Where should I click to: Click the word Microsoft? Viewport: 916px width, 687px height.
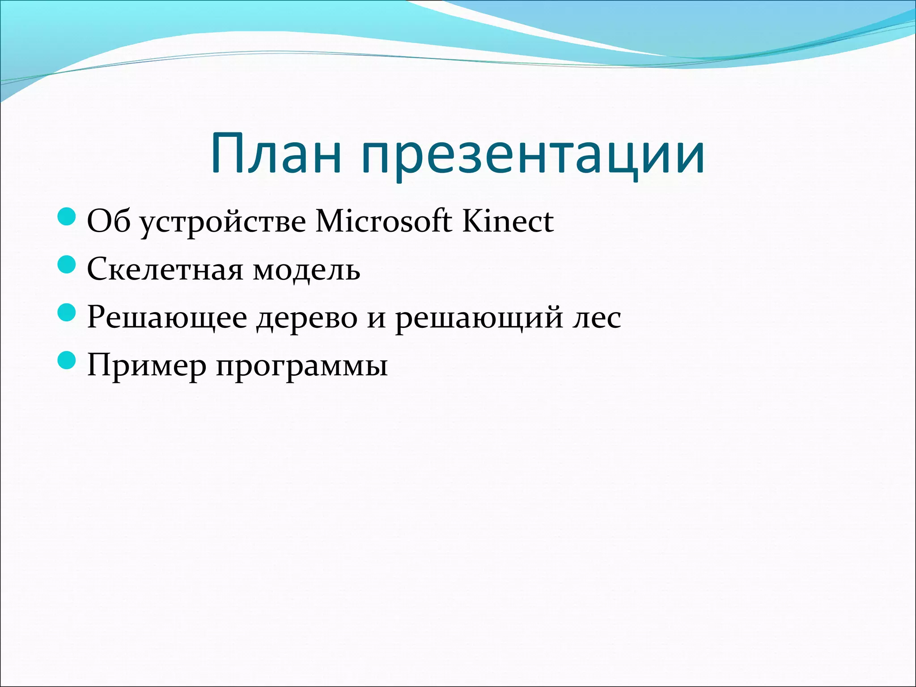point(384,221)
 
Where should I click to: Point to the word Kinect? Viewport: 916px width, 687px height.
point(508,221)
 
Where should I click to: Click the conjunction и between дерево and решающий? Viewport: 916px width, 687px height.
point(376,318)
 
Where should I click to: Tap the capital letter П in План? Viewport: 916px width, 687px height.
point(228,153)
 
